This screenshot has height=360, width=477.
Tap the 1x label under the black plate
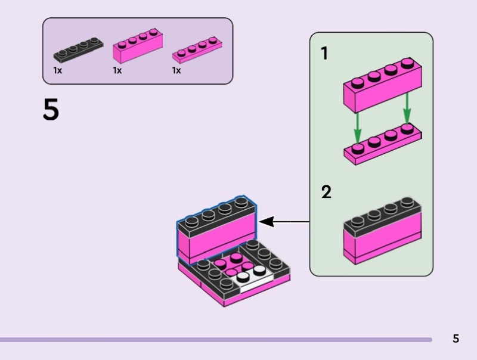(58, 70)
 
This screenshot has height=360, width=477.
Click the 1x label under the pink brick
(117, 70)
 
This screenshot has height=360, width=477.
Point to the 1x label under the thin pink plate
(176, 70)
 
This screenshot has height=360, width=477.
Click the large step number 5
(51, 110)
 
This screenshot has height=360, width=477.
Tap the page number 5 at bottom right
(456, 339)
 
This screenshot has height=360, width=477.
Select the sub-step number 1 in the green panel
(324, 54)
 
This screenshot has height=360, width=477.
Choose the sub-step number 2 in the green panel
(326, 193)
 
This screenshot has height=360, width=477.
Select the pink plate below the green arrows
(382, 147)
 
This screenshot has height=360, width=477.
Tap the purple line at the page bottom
(215, 340)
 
